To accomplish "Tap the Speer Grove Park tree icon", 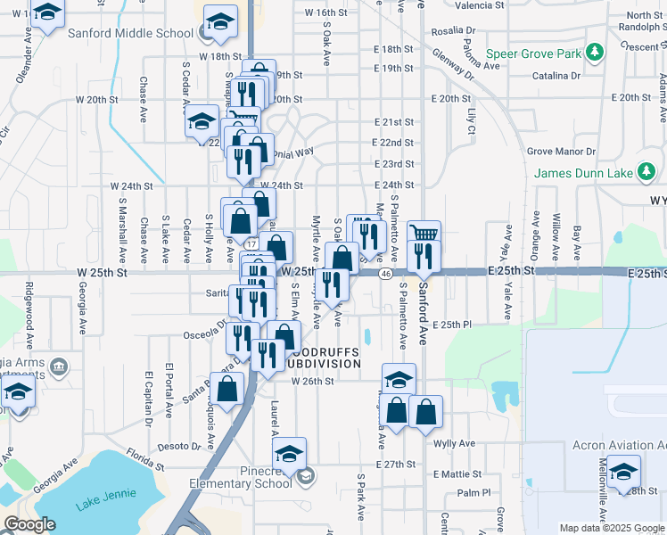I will point(595,54).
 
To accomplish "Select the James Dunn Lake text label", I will point(582,173).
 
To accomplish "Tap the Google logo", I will point(29,524).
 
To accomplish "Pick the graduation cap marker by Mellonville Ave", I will point(624,470).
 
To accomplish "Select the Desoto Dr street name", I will point(178,446).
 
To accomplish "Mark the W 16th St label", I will point(325,13).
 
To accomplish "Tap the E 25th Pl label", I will point(451,325).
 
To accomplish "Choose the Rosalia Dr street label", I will point(451,31).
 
